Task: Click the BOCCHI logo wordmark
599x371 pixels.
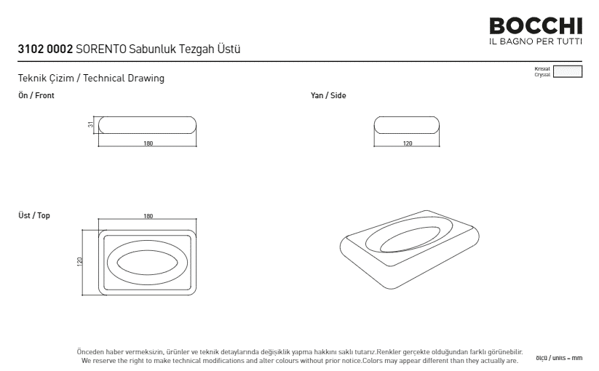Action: (x=536, y=26)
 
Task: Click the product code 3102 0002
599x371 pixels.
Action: (x=45, y=49)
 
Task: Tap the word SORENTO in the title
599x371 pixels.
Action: (x=101, y=49)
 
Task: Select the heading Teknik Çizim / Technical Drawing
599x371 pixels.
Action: (x=91, y=79)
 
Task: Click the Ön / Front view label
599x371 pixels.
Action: (x=36, y=95)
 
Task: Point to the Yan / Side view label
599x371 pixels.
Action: (x=328, y=95)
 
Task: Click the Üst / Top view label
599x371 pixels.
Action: (x=34, y=215)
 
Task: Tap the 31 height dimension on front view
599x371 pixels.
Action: (x=90, y=124)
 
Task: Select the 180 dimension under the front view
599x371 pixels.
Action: (x=148, y=143)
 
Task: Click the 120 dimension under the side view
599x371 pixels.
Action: (x=408, y=143)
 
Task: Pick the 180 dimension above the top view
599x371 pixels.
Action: (x=148, y=216)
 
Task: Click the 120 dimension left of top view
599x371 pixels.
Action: (x=80, y=261)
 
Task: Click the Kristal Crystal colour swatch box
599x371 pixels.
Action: (x=568, y=71)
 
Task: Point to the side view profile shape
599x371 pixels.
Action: (x=406, y=117)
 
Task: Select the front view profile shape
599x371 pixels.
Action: (x=147, y=117)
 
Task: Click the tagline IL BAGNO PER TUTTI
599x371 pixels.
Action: (x=536, y=41)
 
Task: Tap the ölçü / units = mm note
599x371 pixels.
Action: (x=559, y=358)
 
